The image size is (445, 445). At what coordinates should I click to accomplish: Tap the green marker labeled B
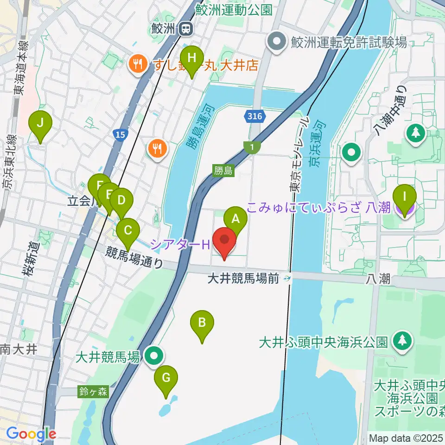202,322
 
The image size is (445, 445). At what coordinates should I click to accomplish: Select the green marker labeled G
166,377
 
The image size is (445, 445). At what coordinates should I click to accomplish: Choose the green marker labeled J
40,124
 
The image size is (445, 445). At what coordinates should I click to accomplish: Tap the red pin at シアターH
225,241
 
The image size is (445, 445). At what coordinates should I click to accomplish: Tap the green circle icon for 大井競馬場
154,356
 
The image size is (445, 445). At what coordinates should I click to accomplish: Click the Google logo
31,434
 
